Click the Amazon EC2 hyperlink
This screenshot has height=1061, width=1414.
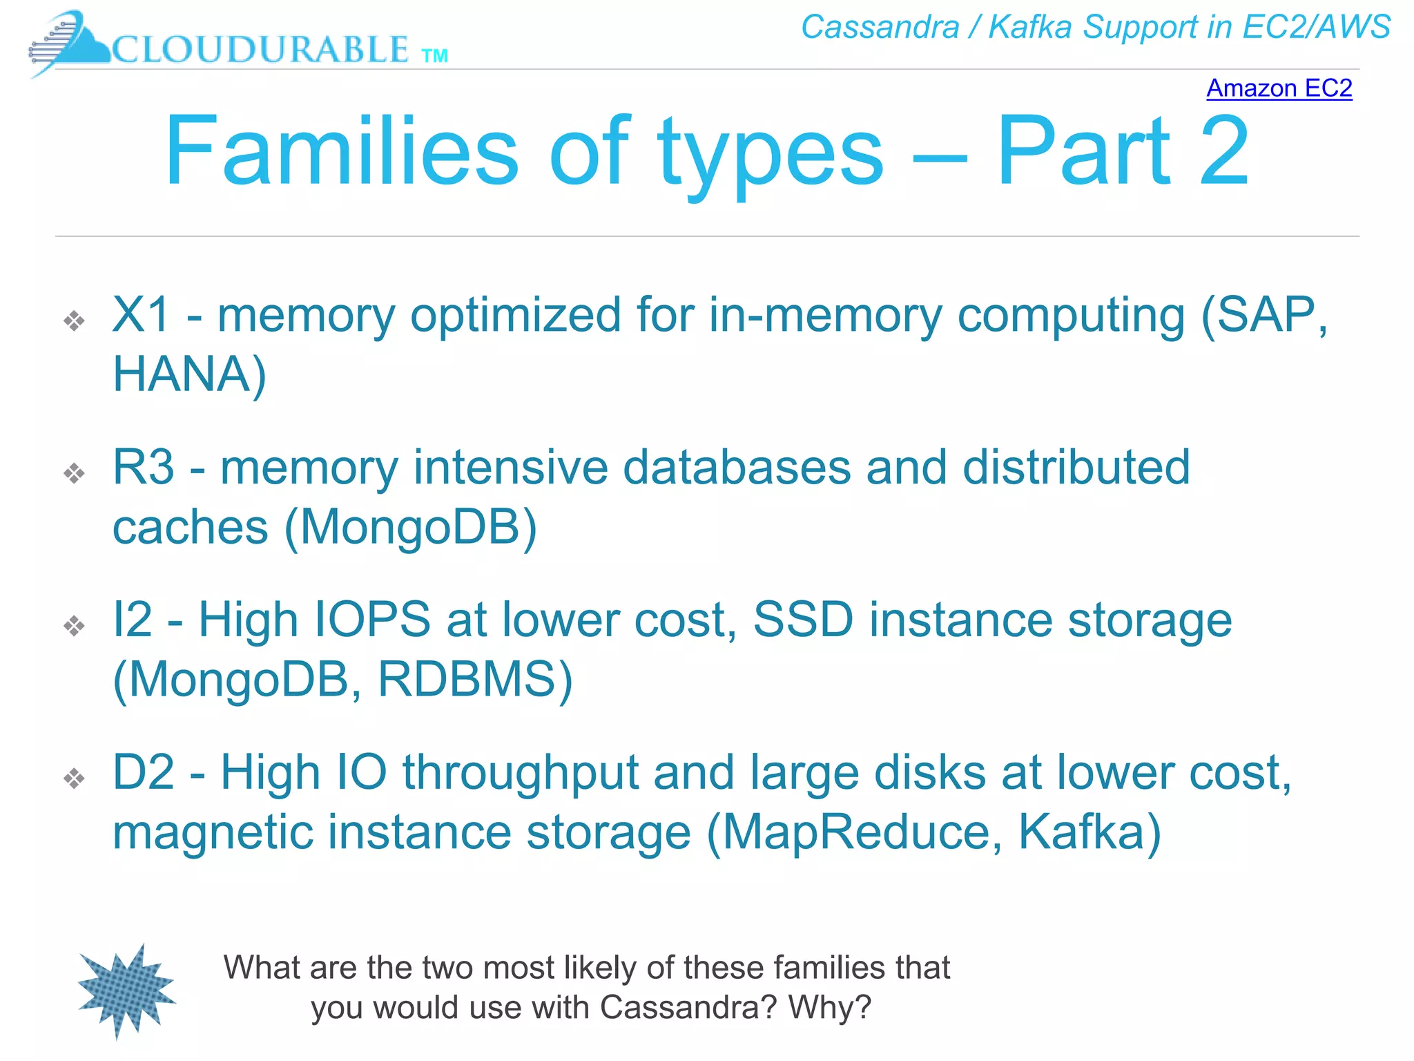1279,88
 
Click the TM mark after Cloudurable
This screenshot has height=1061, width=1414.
434,56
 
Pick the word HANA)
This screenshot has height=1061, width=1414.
189,374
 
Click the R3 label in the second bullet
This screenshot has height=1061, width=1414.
144,468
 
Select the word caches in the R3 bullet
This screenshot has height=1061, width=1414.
190,528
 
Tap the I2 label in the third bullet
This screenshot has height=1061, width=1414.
133,620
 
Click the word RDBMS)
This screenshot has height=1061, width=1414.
475,680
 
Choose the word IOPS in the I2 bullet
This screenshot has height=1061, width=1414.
373,620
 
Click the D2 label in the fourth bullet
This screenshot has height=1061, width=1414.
144,772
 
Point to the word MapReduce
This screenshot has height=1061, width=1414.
853,832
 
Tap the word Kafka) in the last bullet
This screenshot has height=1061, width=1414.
1089,832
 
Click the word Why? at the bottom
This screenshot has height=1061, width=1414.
830,1007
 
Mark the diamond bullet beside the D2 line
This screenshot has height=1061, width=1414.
74,778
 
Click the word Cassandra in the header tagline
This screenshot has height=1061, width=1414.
880,28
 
